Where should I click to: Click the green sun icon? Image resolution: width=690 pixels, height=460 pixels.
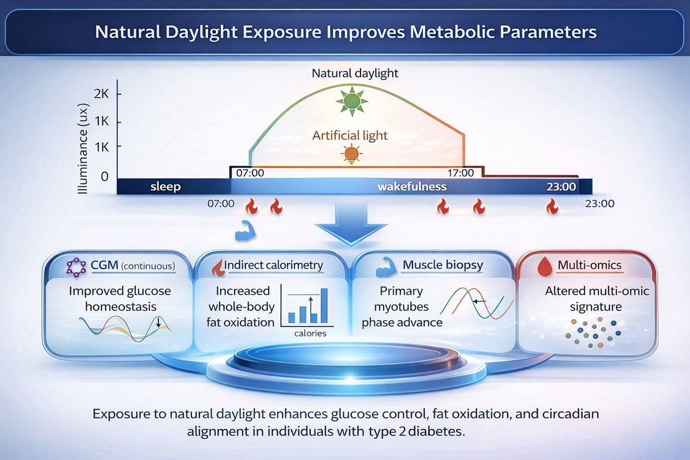[x=352, y=101]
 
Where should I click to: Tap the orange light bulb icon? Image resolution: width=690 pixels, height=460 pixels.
[x=351, y=154]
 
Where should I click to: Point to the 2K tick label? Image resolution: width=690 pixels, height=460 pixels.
[x=101, y=94]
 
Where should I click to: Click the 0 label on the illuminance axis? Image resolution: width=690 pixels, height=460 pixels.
[x=105, y=177]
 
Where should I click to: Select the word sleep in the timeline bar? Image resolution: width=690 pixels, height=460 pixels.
[x=166, y=187]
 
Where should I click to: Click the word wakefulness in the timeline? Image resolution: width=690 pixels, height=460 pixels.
[x=412, y=186]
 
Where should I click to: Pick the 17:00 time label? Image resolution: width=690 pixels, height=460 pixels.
[x=461, y=173]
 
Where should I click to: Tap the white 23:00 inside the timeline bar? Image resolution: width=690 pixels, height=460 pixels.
[x=561, y=187]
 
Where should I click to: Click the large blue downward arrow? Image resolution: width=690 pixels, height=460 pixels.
[x=351, y=224]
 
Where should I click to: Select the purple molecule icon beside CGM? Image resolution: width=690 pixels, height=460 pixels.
[x=76, y=267]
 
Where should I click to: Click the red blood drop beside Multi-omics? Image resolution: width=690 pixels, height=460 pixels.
[x=545, y=267]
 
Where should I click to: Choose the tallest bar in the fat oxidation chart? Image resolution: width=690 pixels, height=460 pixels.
[x=324, y=305]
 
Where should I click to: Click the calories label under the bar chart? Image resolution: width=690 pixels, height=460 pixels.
[x=310, y=333]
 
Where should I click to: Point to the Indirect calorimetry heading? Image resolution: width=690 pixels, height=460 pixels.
[x=273, y=265]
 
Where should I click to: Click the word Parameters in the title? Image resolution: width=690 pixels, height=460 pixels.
[x=549, y=32]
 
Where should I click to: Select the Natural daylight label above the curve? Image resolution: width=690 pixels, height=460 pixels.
[x=355, y=74]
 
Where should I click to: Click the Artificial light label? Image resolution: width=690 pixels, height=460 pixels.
[x=350, y=135]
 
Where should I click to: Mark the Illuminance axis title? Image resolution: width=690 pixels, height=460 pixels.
[x=83, y=148]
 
